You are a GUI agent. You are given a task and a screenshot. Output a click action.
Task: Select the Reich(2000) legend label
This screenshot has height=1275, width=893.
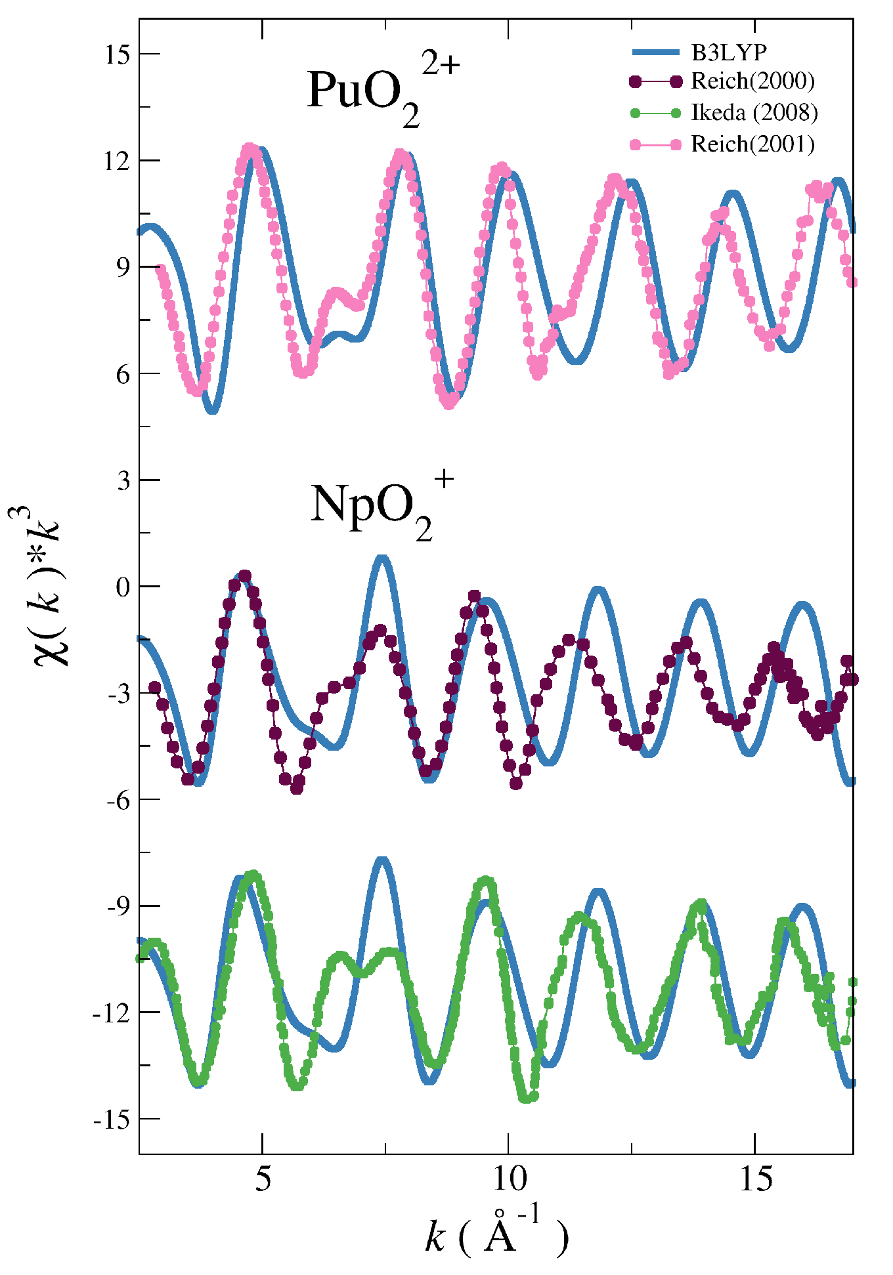coord(752,81)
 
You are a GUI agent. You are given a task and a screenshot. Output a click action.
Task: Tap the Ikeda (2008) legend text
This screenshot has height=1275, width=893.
coord(754,113)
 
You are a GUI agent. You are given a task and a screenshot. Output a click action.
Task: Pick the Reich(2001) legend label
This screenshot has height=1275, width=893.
coord(752,144)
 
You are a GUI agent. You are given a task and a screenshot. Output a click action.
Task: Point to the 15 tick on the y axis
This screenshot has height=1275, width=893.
coord(118,54)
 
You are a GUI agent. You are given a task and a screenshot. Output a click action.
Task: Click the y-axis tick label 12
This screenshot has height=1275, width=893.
coord(118,161)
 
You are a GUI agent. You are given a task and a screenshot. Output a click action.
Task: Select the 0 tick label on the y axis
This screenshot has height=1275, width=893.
coord(123,587)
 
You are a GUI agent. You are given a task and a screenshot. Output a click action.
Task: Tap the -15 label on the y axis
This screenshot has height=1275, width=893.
coord(112,1120)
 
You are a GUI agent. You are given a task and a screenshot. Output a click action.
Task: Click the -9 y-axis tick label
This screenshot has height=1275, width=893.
coord(117,907)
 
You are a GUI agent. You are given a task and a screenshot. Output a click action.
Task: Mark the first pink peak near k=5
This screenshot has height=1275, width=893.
coord(250,150)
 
